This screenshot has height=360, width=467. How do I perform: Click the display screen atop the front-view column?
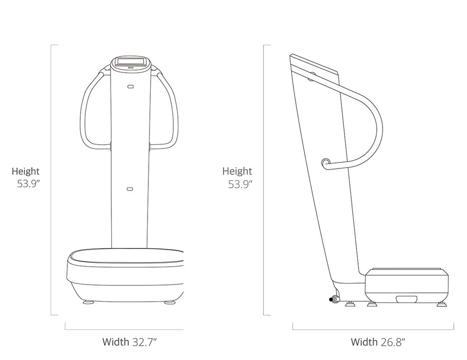point(131,61)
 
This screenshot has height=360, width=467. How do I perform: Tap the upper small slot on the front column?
point(130,86)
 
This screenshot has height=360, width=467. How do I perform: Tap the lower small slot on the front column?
point(130,189)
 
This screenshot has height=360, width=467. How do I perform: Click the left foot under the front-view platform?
point(88,302)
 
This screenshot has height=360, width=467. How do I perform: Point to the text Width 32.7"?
point(129,342)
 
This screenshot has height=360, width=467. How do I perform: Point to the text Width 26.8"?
point(378,342)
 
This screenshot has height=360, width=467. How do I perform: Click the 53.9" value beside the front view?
point(28,184)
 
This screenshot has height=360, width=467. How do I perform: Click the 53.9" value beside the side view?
point(240,184)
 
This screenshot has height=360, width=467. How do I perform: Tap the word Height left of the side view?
point(237,171)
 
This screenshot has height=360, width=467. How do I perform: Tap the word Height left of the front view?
point(26,171)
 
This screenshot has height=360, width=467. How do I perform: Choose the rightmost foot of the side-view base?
point(441,304)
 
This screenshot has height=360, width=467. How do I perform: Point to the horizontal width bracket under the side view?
point(373,329)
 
